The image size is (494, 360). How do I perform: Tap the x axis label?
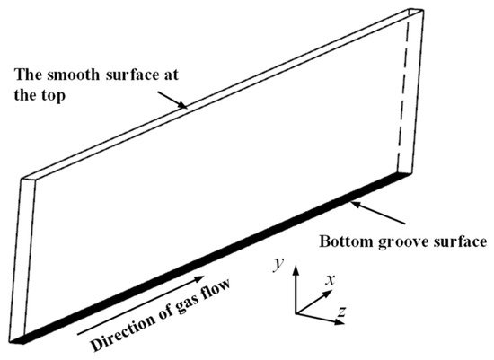tap(331, 279)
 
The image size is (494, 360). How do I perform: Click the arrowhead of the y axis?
tap(296, 270)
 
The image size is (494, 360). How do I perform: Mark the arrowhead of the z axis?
tap(340, 322)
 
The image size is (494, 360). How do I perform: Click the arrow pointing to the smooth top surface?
tap(172, 100)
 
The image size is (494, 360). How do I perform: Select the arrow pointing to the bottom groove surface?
tap(378, 213)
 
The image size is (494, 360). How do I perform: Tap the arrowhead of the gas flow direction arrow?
tap(199, 278)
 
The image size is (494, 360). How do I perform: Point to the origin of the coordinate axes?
tap(296, 313)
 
